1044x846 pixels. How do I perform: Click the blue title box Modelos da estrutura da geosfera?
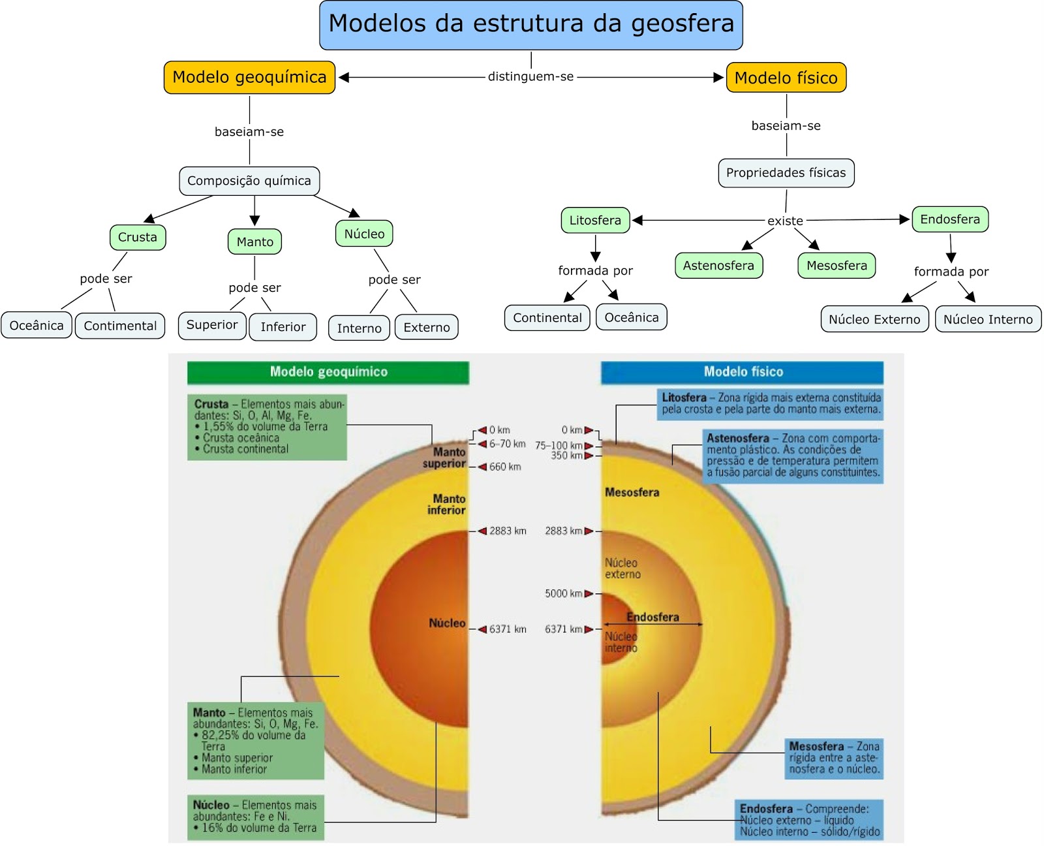click(x=530, y=25)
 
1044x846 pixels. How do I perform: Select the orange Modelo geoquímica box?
click(x=249, y=78)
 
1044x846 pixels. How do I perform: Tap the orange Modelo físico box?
click(x=786, y=78)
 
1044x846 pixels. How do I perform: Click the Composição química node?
click(x=249, y=181)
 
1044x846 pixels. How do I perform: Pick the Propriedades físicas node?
click(x=786, y=173)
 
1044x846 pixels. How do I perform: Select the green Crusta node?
click(x=138, y=237)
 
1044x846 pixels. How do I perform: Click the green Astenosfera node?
click(x=718, y=266)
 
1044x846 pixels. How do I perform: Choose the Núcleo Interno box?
click(x=988, y=319)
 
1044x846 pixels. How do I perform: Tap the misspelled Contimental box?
click(x=120, y=326)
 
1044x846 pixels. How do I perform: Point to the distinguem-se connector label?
click(x=530, y=76)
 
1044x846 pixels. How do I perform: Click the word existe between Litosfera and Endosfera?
click(x=785, y=221)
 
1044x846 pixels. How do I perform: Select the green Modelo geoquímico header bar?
click(x=328, y=372)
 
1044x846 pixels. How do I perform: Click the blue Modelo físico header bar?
click(x=743, y=372)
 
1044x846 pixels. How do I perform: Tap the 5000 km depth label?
click(x=564, y=593)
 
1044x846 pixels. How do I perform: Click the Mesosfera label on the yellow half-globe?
click(x=632, y=492)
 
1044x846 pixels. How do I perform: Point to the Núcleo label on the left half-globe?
click(x=447, y=623)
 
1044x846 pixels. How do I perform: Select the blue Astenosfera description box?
click(x=793, y=456)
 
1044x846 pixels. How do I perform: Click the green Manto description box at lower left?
click(x=256, y=741)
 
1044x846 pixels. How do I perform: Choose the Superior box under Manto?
click(x=212, y=325)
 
